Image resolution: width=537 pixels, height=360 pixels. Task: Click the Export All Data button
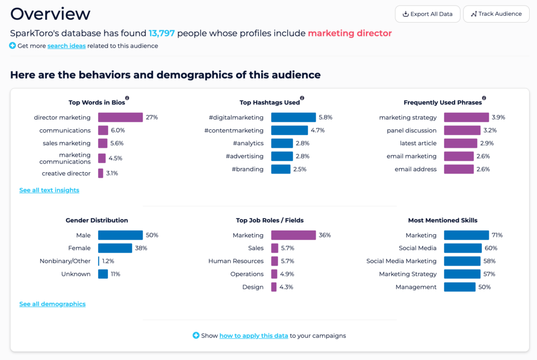point(427,14)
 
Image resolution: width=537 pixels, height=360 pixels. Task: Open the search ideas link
point(67,46)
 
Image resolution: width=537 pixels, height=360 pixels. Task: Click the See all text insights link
point(49,190)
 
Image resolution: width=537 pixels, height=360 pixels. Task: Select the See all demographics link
point(52,304)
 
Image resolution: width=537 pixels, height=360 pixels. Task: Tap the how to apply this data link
point(254,336)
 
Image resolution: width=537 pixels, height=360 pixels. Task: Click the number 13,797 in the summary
point(162,33)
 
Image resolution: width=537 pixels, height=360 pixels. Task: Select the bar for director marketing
point(120,117)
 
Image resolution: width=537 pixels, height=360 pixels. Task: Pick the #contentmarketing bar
point(289,130)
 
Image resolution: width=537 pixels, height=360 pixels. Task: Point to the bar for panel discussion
point(462,130)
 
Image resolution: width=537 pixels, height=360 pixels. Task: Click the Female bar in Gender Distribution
point(115,248)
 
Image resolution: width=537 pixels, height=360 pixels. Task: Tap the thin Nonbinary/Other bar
point(99,261)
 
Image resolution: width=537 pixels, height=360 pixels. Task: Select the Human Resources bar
point(275,261)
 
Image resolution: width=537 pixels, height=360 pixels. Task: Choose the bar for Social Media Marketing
point(463,261)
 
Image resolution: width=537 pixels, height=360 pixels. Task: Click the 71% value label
point(497,235)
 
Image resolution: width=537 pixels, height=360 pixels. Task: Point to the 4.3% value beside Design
point(286,287)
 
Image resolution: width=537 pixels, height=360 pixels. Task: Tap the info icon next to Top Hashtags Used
point(302,98)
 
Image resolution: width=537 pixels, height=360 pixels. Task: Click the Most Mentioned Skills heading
point(443,221)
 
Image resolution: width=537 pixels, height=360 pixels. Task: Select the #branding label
point(248,169)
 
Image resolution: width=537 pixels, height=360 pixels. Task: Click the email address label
point(416,169)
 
